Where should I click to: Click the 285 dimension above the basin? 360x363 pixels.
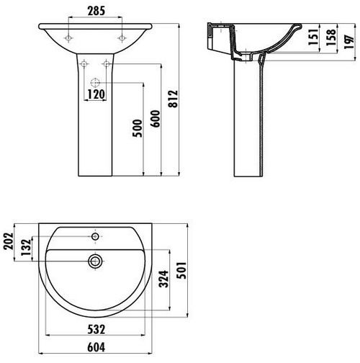(96, 11)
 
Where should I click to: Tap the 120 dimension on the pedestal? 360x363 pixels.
(96, 94)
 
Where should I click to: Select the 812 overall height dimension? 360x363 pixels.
(173, 99)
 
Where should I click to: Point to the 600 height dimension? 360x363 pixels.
(155, 119)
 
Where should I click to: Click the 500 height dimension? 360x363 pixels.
(138, 128)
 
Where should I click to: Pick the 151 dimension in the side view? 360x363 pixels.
(313, 37)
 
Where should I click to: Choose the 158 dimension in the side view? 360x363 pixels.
(330, 37)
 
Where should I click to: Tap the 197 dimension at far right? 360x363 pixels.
(349, 42)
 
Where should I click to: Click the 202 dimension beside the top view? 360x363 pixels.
(9, 241)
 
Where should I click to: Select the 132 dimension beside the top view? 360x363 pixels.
(26, 247)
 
